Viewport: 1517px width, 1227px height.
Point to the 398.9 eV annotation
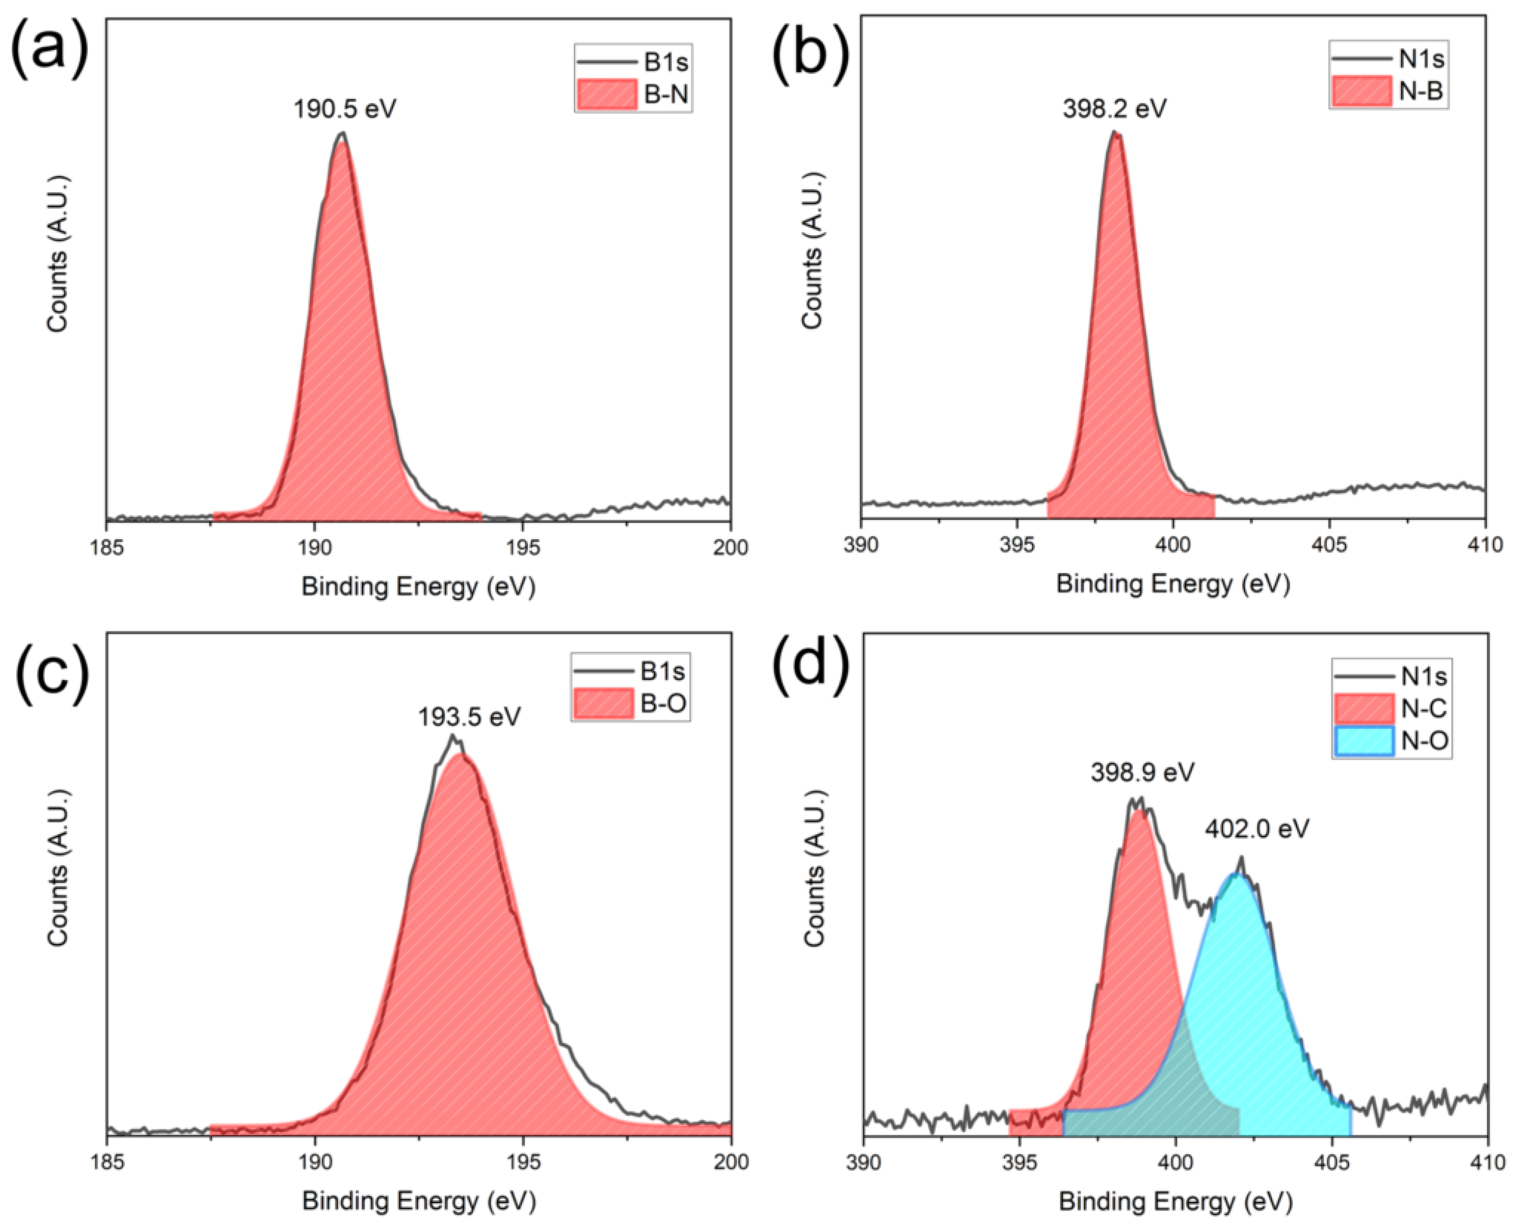pos(1142,773)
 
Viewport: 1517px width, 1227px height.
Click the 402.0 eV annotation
pos(1257,828)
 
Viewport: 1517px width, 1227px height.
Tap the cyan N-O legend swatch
pos(1364,742)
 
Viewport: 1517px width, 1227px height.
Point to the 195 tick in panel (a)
pos(522,547)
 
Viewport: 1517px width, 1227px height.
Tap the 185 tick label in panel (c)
pos(107,1161)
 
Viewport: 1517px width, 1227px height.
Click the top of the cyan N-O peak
pos(1236,875)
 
